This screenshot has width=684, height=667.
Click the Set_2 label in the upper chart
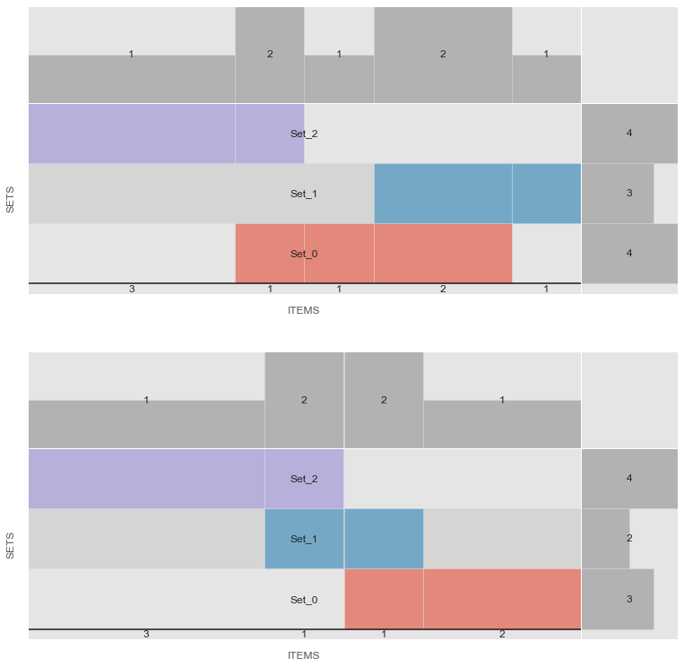point(304,134)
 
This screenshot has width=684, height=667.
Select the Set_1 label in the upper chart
point(304,194)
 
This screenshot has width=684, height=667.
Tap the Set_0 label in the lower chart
point(304,600)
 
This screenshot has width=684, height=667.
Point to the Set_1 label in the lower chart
point(304,539)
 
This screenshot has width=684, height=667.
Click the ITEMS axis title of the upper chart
point(303,311)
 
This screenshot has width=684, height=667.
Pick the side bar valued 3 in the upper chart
point(618,194)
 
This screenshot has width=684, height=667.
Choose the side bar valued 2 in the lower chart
point(605,539)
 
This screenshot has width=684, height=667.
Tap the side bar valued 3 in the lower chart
point(618,600)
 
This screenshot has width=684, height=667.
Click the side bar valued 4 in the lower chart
point(629,479)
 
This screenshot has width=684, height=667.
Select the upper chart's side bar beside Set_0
point(629,254)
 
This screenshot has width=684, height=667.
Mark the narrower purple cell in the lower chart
point(304,479)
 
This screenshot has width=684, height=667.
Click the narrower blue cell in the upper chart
point(547,194)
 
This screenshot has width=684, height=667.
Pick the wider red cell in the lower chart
point(502,600)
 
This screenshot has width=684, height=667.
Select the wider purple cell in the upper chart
point(132,134)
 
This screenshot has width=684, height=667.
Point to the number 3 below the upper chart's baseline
point(132,290)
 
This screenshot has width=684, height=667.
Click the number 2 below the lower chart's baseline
point(502,635)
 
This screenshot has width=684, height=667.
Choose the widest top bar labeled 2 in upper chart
point(443,56)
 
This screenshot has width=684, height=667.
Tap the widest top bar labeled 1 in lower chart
point(146,424)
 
